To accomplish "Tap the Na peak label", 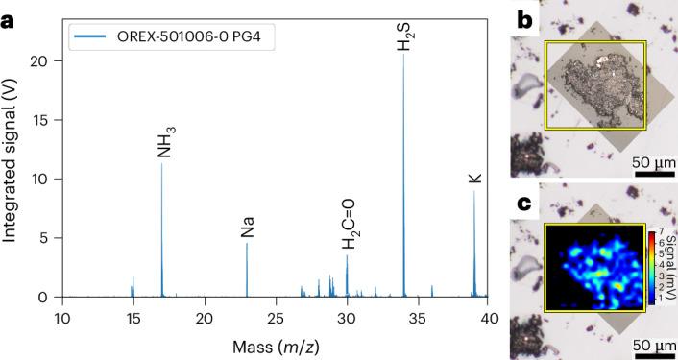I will tap(247, 227).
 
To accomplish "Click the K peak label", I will tap(472, 178).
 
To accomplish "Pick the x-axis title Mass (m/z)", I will tap(276, 344).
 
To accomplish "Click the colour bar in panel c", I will tap(651, 266).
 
